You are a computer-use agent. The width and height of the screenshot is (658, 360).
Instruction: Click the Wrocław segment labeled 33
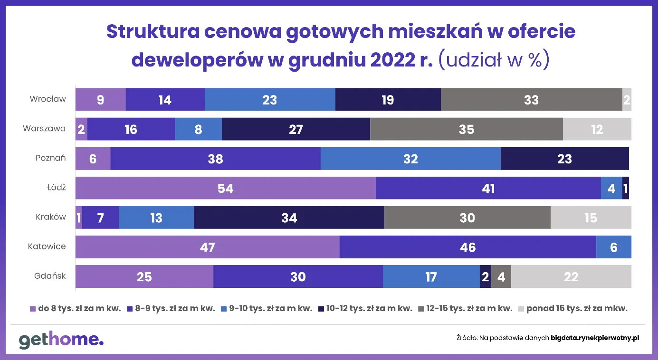(x=531, y=100)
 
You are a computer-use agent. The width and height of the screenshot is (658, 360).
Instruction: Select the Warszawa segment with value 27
(x=296, y=129)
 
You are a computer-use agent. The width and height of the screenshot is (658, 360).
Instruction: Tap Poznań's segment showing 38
(x=215, y=159)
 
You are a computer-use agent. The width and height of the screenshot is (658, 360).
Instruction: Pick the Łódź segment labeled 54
(x=225, y=189)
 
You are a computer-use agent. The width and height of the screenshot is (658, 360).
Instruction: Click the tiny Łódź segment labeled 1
(x=626, y=189)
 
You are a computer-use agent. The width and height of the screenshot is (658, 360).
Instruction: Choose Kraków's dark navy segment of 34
(x=289, y=218)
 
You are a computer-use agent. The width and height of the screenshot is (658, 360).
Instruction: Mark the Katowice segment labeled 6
(x=613, y=247)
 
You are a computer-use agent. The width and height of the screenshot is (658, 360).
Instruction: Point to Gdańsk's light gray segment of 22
(x=571, y=277)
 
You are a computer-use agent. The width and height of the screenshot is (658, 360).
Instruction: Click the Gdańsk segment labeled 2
(x=485, y=277)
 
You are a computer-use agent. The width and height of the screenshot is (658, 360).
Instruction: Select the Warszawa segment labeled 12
(x=597, y=129)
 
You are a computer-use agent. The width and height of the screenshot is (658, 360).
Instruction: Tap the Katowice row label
(x=47, y=246)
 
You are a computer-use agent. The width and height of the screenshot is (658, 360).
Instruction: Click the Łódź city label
(x=56, y=188)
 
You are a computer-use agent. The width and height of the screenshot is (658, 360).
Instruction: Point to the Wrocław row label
(x=48, y=99)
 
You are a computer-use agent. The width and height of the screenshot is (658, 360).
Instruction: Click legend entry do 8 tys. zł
(x=76, y=308)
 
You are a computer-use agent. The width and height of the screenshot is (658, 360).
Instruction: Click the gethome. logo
(x=61, y=340)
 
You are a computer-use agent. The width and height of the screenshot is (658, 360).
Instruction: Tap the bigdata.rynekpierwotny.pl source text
(x=595, y=338)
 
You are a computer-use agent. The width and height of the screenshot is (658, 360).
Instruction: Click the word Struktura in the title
(x=151, y=32)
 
